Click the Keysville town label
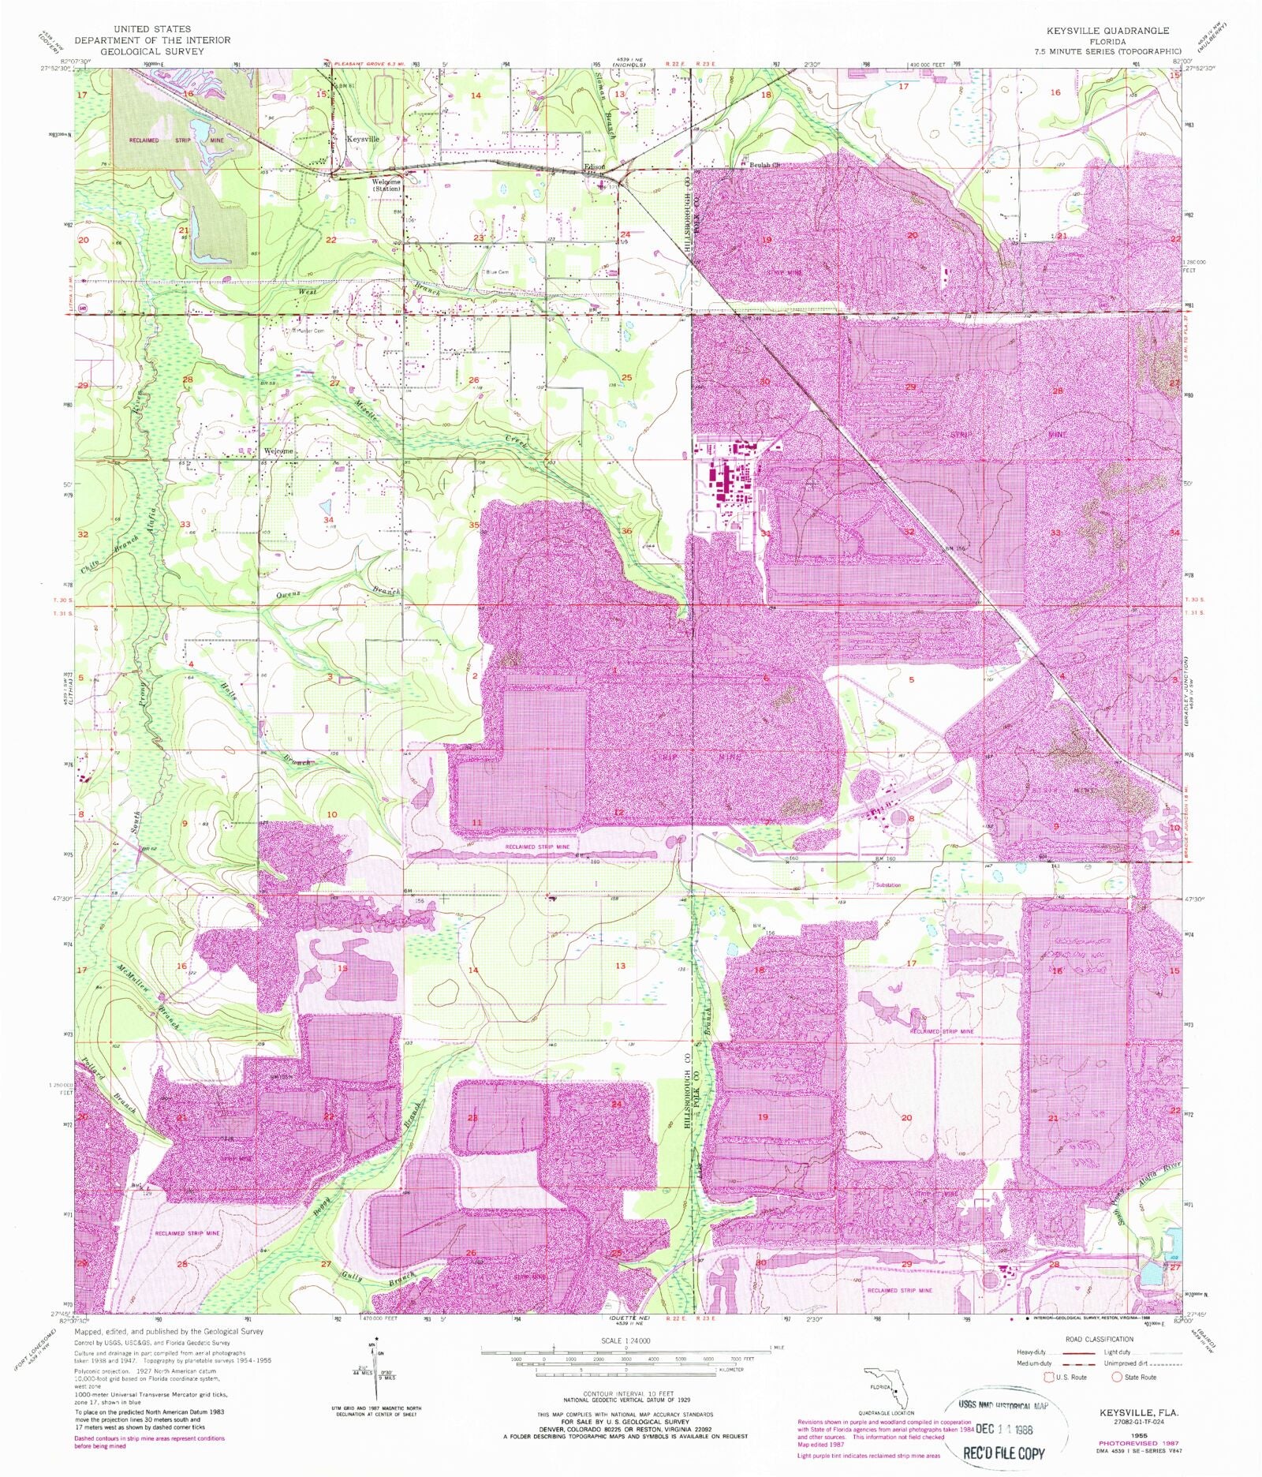tap(362, 139)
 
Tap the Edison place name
tap(594, 166)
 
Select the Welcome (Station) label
tap(386, 185)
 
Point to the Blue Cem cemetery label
tap(497, 272)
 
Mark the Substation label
tap(889, 885)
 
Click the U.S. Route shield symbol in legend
tap(1050, 1378)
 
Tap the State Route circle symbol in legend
tap(1117, 1378)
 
